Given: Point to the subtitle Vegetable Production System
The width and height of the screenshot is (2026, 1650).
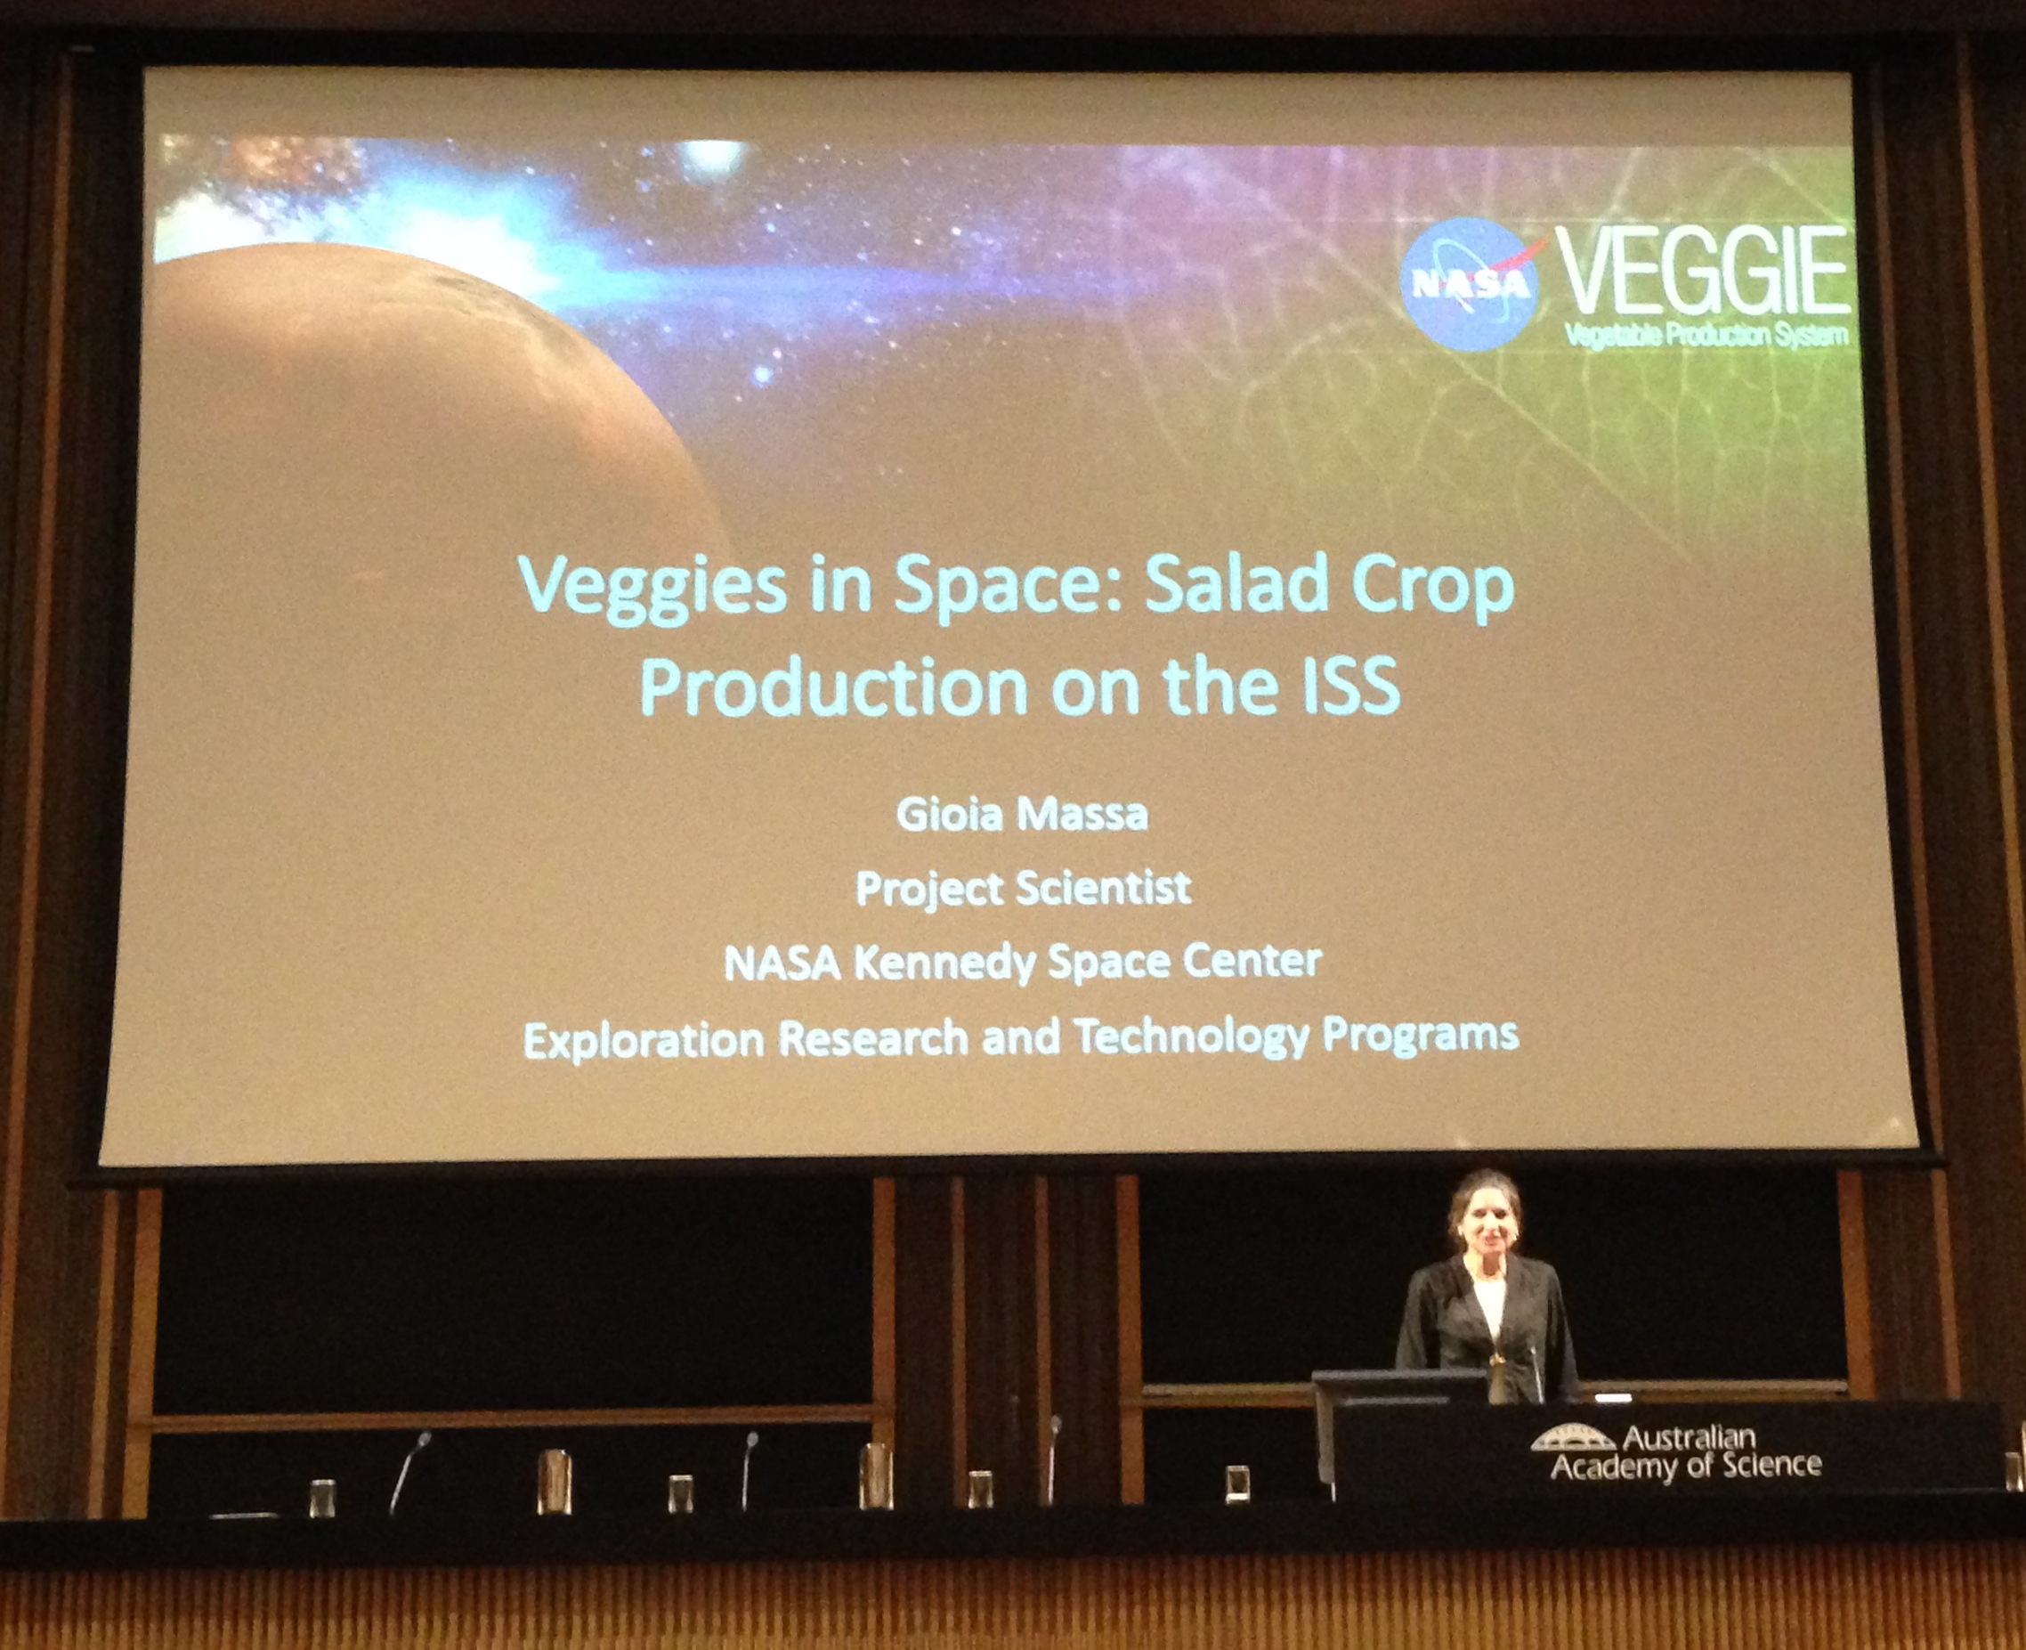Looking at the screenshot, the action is pos(1706,335).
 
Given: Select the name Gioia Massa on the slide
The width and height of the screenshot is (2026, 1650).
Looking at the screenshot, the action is pos(1023,815).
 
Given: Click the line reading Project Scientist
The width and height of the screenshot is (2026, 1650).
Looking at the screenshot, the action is pos(1024,889).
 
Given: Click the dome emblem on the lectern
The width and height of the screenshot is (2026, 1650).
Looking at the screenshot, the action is pos(1573,1436).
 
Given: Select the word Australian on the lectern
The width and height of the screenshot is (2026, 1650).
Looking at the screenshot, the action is pos(1688,1435).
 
